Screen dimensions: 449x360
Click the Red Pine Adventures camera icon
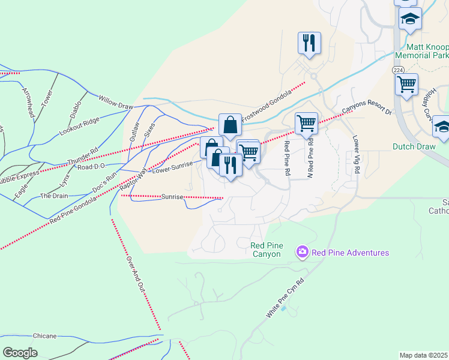[x=302, y=253]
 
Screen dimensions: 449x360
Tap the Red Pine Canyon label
[x=267, y=249]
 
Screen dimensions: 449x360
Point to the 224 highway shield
[x=397, y=70]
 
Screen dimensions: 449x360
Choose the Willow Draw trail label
[x=115, y=101]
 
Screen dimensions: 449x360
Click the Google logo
[x=20, y=353]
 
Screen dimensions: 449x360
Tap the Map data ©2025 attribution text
[x=424, y=355]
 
